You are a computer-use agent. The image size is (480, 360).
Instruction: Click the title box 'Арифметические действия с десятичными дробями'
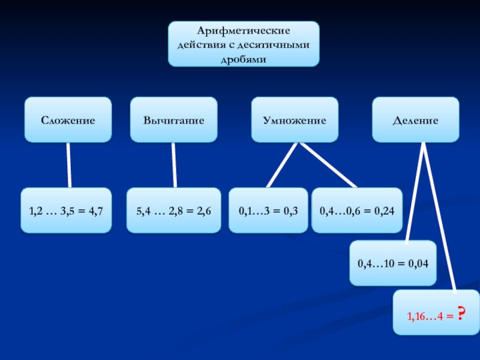243,44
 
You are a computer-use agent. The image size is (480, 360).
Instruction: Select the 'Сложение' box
68,120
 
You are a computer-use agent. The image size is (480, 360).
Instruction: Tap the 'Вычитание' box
173,120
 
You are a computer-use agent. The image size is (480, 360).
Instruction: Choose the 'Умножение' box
294,120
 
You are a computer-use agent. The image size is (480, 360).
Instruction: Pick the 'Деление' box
415,120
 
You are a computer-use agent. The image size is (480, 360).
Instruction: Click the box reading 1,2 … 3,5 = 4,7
66,211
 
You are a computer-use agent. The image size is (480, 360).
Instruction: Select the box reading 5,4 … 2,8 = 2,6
173,211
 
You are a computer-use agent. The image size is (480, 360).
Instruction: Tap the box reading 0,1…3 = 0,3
268,211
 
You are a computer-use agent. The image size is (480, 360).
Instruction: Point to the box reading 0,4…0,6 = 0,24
356,211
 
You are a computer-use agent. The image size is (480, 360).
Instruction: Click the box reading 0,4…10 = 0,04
392,263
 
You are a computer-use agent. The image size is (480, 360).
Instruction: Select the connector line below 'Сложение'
69,165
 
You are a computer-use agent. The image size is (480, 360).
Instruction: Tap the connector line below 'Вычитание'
174,165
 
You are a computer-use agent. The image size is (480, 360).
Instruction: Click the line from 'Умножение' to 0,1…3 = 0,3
282,165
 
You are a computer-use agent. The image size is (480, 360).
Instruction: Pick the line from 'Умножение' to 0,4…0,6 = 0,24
329,166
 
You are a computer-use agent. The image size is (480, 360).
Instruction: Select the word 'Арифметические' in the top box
244,29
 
